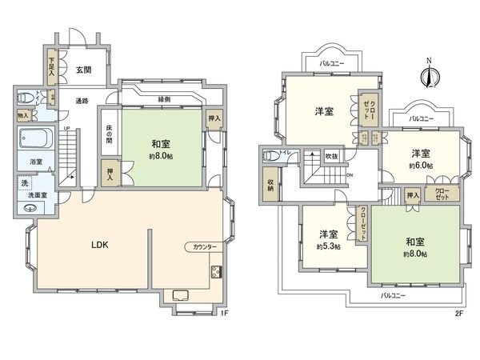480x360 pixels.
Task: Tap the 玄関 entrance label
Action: (83, 70)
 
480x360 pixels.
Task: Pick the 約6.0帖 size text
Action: (421, 165)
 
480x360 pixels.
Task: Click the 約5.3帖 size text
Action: (327, 246)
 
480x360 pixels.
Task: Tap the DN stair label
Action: (349, 174)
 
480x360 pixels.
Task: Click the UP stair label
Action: (66, 129)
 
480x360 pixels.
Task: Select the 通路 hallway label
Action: (82, 101)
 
